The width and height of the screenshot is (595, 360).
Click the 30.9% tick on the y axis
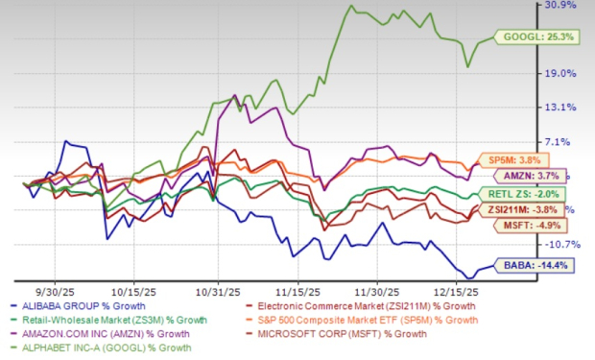tap(562, 6)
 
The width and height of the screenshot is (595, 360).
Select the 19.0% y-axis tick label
tap(562, 73)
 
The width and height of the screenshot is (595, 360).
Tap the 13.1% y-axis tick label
tap(562, 107)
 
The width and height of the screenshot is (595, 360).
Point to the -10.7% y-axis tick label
tap(562, 243)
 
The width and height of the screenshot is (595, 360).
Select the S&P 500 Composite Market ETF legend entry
tap(386, 319)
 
